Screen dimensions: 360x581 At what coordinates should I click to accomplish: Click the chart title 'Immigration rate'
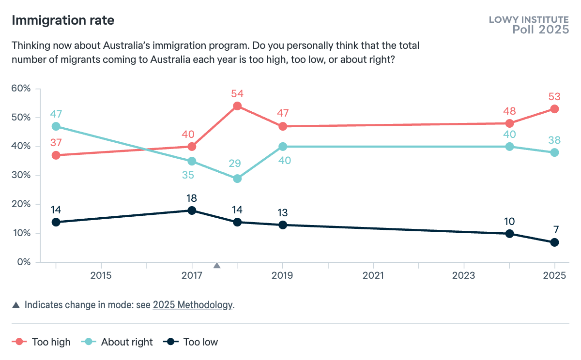point(63,21)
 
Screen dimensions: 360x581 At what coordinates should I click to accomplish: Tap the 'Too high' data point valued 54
point(237,106)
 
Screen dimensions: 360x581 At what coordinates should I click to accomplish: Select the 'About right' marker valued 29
point(237,179)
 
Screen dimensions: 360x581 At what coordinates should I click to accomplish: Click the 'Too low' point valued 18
point(192,210)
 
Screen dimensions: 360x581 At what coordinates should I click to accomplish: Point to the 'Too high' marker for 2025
point(554,109)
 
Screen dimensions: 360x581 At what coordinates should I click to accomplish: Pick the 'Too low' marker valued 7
point(554,242)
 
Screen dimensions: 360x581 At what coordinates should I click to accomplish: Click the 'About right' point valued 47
point(56,126)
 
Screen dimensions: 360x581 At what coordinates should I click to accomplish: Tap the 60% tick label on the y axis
point(21,89)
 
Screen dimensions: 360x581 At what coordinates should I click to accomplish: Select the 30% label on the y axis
point(21,175)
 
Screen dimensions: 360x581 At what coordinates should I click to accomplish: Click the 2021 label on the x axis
point(373,276)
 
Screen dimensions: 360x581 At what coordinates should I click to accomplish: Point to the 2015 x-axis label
point(101,276)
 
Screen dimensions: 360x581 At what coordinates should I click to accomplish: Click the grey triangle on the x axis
point(217,265)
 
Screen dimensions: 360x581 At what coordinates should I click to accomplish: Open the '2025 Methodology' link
point(192,305)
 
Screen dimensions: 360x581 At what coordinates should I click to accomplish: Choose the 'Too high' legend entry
point(44,342)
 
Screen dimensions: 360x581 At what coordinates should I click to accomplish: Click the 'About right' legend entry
point(120,342)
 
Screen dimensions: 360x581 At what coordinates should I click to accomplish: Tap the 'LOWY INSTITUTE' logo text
point(529,20)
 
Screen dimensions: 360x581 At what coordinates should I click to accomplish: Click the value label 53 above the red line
point(554,96)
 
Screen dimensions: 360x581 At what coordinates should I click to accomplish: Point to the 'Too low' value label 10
point(509,222)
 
